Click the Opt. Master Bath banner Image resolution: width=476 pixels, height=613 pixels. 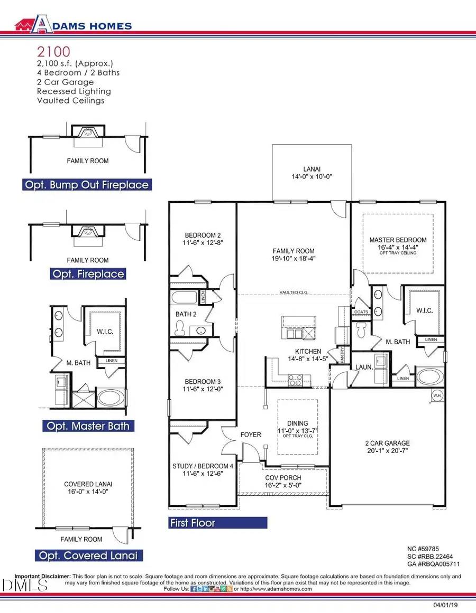click(87, 426)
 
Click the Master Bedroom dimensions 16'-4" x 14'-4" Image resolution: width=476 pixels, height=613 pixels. click(397, 247)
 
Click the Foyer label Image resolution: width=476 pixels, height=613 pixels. click(251, 435)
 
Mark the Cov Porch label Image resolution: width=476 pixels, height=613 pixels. click(283, 477)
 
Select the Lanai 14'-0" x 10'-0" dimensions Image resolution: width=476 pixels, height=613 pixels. click(311, 177)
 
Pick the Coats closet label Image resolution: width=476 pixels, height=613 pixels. click(361, 312)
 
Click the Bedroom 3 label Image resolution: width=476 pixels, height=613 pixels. click(202, 382)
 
